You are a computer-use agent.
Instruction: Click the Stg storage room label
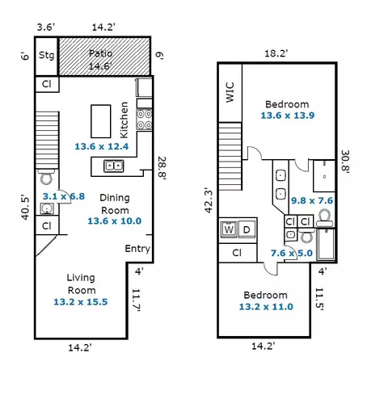click(46, 55)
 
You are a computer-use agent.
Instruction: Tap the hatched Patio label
click(100, 53)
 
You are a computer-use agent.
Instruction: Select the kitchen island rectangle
click(101, 121)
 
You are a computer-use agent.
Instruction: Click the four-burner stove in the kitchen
click(144, 120)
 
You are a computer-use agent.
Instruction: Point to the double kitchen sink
click(114, 166)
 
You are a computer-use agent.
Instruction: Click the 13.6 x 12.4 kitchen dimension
click(102, 146)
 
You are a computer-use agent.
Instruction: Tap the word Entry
click(137, 249)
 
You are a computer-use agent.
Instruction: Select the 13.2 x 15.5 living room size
click(81, 302)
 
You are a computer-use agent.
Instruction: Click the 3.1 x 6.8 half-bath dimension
click(64, 196)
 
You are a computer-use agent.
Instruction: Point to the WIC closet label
click(230, 92)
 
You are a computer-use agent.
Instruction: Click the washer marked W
click(229, 229)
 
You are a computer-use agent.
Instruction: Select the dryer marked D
click(247, 229)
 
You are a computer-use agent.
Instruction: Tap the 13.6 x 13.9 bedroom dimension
click(288, 116)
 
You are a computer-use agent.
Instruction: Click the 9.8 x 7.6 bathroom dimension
click(312, 200)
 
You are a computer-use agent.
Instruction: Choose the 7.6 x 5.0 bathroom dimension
click(292, 253)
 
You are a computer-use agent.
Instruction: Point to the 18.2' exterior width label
click(276, 53)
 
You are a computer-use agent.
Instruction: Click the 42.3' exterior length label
click(209, 200)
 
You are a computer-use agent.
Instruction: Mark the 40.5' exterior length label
click(25, 208)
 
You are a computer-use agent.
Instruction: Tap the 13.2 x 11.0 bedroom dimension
click(266, 307)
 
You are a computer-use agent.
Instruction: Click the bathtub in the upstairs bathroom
click(326, 245)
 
